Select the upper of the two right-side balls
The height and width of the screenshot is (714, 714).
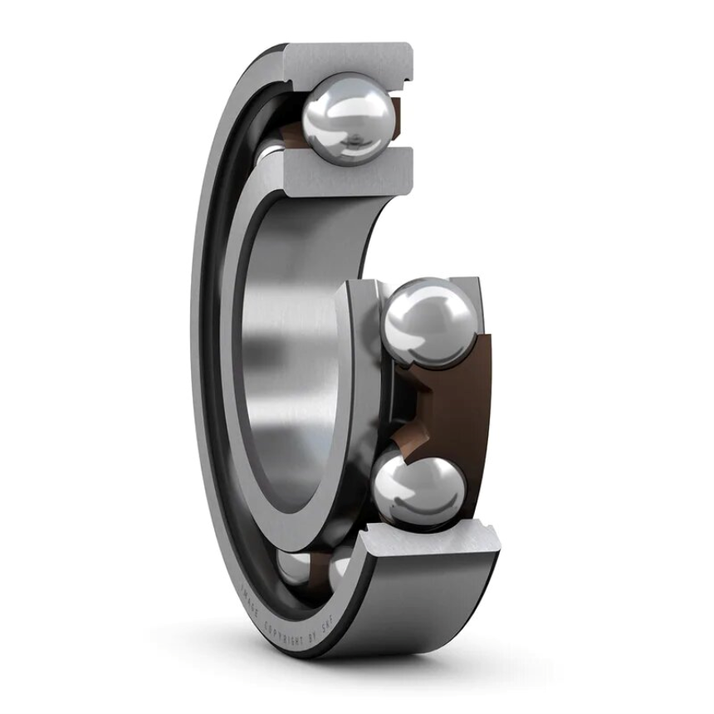pyautogui.click(x=430, y=322)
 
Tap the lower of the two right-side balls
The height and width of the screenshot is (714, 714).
pyautogui.click(x=419, y=490)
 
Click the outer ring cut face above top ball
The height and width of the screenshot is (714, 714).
pyautogui.click(x=349, y=58)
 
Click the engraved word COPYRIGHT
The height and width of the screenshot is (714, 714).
pyautogui.click(x=286, y=624)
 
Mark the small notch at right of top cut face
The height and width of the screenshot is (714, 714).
pyautogui.click(x=407, y=79)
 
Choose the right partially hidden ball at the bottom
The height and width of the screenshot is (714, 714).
pyautogui.click(x=340, y=570)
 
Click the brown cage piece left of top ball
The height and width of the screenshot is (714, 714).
pyautogui.click(x=286, y=133)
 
